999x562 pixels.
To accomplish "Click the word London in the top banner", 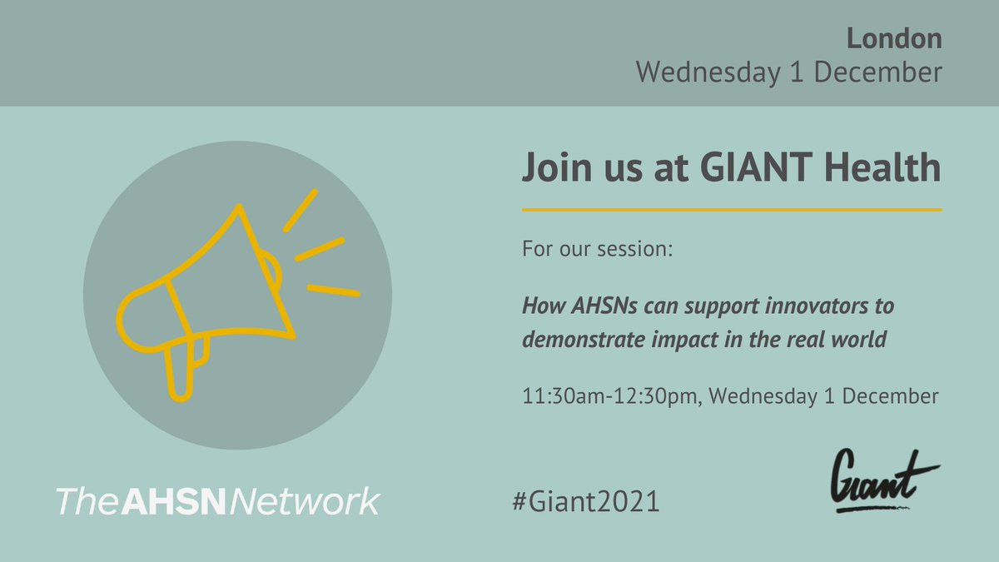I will point(895,38).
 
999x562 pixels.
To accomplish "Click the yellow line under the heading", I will point(732,209).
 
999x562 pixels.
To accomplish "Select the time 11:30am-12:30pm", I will point(611,396).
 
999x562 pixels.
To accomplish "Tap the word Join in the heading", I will point(553,170).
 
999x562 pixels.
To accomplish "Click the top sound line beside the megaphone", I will point(300,210).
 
